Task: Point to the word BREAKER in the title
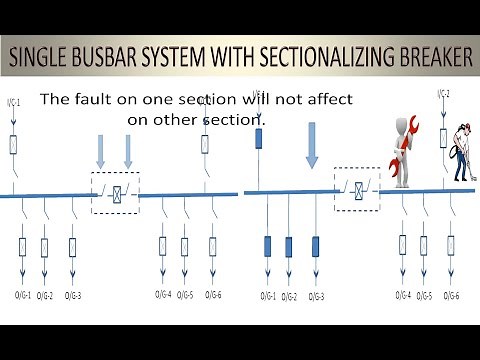[x=429, y=58]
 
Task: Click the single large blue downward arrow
[x=311, y=145]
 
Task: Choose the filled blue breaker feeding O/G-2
[x=289, y=246]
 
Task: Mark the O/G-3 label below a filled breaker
[x=317, y=296]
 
